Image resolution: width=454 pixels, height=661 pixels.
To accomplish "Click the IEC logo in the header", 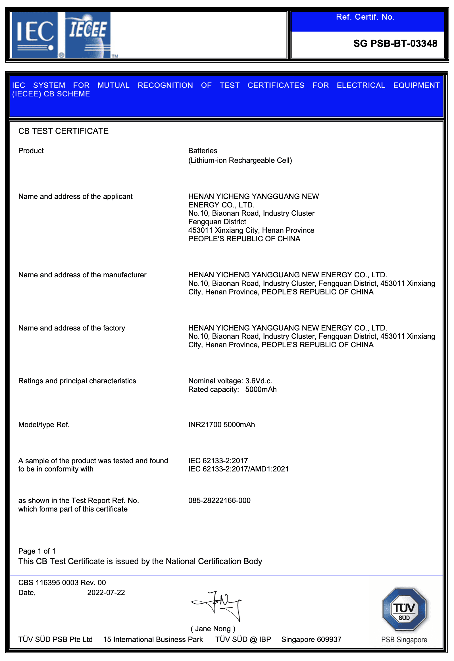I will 35,35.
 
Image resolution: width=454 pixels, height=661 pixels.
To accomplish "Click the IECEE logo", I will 88,35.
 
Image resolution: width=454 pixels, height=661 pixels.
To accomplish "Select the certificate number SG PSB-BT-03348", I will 395,43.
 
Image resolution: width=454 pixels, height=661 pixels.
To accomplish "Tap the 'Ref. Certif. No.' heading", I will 365,17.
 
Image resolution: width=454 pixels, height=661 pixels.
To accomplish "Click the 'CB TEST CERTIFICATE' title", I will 63,131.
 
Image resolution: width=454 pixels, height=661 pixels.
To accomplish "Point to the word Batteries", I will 203,151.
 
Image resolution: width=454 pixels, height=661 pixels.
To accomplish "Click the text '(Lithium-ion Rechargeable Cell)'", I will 240,160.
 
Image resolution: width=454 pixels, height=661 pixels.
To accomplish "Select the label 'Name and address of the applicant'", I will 75,196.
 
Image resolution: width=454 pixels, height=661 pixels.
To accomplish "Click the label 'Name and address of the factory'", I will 72,328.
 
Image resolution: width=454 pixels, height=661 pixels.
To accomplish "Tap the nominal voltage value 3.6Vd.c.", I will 259,381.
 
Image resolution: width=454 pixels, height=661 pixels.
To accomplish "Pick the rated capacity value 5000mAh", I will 261,389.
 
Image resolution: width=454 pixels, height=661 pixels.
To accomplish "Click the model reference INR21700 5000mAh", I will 222,425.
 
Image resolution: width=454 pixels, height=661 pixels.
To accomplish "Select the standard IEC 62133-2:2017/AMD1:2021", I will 238,469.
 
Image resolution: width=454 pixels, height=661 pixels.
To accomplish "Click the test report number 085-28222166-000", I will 219,500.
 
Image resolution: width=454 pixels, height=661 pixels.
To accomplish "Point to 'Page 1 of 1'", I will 37,551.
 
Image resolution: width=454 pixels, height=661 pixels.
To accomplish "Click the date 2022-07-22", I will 106,593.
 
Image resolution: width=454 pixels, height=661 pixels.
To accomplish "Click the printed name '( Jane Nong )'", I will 213,629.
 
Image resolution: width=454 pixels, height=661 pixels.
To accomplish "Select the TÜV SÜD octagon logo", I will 404,609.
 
